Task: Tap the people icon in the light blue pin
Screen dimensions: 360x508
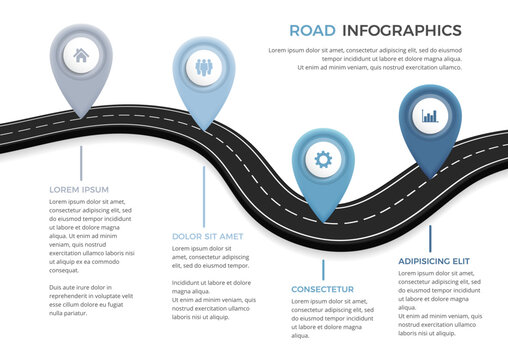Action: click(204, 69)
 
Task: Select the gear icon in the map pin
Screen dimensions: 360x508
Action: click(322, 158)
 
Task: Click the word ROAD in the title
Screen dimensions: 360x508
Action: click(311, 30)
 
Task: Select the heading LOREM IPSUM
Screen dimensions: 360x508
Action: click(79, 188)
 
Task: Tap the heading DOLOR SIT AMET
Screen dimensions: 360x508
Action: click(208, 236)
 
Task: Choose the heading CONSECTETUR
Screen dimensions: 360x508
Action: click(322, 289)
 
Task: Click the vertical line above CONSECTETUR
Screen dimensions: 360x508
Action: click(323, 269)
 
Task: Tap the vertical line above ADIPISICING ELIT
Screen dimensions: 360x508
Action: click(430, 238)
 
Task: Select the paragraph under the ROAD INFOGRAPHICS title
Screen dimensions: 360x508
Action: click(363, 58)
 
